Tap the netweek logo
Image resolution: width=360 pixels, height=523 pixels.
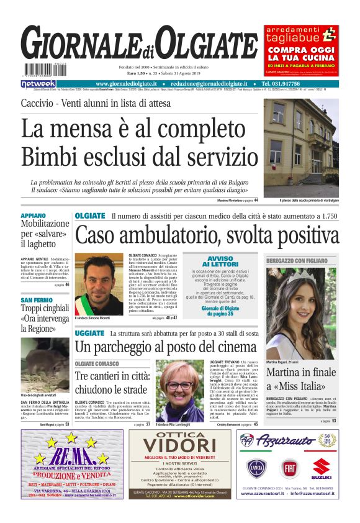click(x=38, y=83)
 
